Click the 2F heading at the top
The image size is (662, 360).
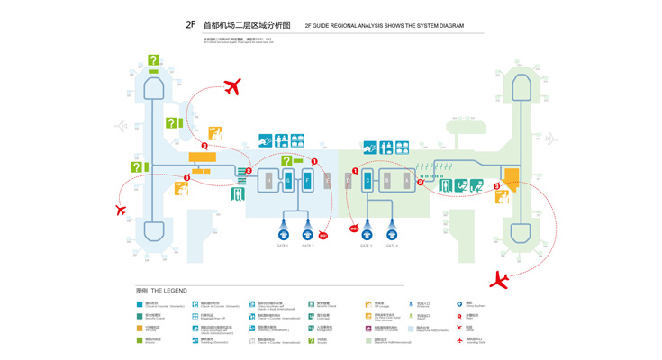[190, 25]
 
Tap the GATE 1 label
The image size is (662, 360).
[282, 246]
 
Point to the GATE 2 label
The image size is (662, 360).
[307, 246]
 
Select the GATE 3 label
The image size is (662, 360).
[367, 246]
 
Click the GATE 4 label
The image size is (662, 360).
[392, 246]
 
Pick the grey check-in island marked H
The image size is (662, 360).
[268, 181]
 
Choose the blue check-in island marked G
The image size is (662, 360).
[288, 181]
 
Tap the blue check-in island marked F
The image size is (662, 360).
[307, 181]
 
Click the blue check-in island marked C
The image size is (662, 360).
[367, 181]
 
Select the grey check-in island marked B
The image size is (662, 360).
[387, 181]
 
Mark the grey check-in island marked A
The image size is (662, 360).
[407, 181]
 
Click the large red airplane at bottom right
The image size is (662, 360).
[499, 280]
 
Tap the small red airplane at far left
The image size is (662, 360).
[121, 211]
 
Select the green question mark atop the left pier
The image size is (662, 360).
[153, 61]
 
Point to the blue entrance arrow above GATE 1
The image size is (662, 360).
[283, 230]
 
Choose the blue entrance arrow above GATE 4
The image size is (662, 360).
[392, 230]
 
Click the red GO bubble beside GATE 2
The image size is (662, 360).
[323, 237]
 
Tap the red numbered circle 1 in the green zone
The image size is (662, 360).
[355, 171]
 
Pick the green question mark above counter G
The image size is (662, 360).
[286, 161]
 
